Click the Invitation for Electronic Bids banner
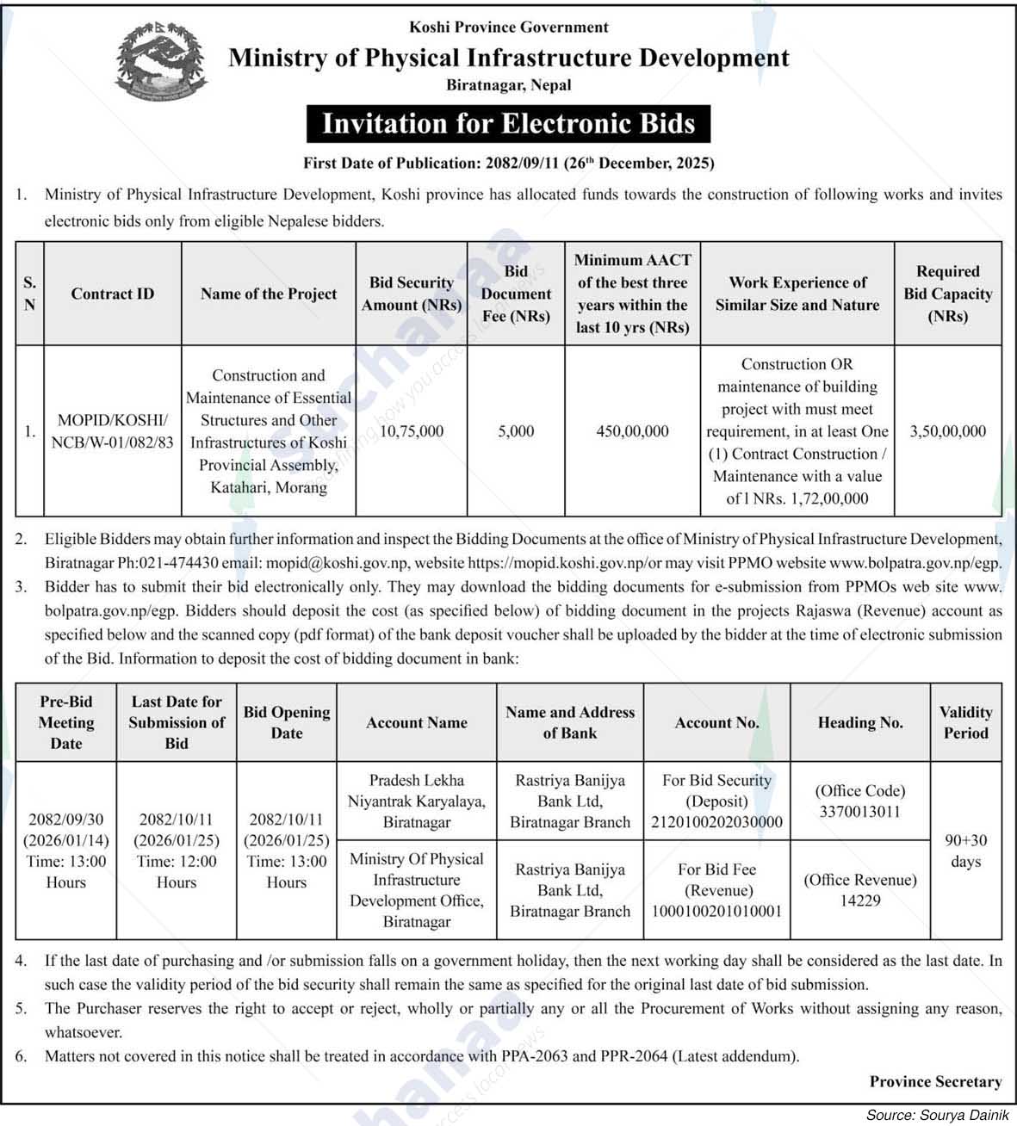click(x=508, y=124)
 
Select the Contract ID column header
click(x=113, y=294)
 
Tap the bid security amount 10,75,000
click(x=411, y=431)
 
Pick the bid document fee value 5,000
click(x=516, y=431)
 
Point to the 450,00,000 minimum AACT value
click(x=632, y=431)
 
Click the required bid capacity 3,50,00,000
click(x=947, y=431)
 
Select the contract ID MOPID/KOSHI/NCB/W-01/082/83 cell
click(x=113, y=431)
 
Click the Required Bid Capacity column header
click(x=947, y=294)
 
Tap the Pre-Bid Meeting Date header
click(x=66, y=722)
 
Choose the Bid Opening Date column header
click(x=287, y=722)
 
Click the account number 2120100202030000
click(x=716, y=822)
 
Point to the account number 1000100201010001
click(x=716, y=912)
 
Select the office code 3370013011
click(x=859, y=812)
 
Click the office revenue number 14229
click(x=859, y=901)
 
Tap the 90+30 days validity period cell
click(x=965, y=851)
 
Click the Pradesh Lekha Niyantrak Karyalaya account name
click(x=417, y=801)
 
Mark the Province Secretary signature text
click(x=935, y=1081)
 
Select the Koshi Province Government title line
click(x=508, y=28)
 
